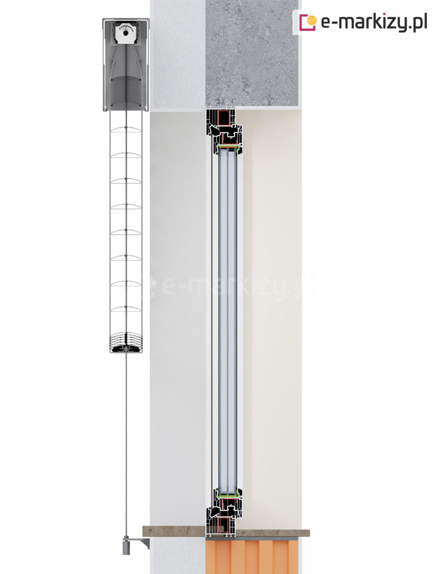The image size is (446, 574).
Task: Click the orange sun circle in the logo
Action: click(x=311, y=20)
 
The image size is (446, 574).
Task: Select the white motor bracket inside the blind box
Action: click(x=126, y=34)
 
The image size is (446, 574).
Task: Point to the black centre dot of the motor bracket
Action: click(x=126, y=34)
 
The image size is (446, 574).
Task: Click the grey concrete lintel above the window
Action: click(x=252, y=54)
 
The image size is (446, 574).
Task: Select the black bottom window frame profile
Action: click(x=224, y=513)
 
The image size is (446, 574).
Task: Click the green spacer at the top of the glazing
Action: click(x=227, y=147)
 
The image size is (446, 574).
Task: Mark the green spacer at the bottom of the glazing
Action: click(x=227, y=494)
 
